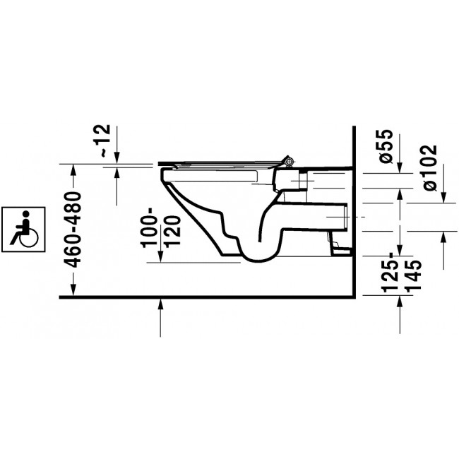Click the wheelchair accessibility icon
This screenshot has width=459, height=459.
click(x=23, y=227)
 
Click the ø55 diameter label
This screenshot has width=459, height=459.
click(x=386, y=146)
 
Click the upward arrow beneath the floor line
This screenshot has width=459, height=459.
click(x=162, y=318)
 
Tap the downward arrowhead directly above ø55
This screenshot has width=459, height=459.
click(x=401, y=167)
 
